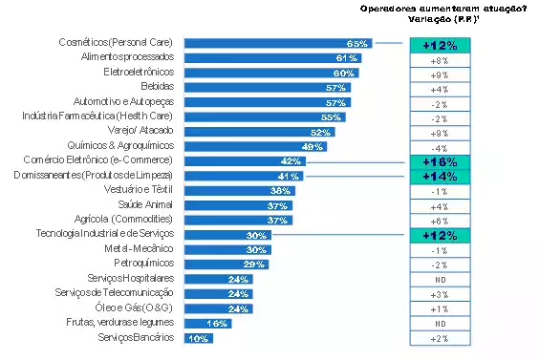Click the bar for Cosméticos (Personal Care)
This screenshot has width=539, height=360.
277,44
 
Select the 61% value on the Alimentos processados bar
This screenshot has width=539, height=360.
347,58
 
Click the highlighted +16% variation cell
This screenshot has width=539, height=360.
440,161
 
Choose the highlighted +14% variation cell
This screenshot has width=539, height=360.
440,177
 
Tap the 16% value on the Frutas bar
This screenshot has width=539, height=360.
217,324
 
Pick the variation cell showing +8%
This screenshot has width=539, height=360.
440,59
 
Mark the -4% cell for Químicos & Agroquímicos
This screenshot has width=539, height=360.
440,147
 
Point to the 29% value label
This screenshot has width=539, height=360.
255,265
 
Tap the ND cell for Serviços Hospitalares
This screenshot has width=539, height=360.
440,280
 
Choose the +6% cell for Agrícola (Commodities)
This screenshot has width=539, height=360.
440,221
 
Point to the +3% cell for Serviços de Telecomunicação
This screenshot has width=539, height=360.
440,294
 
